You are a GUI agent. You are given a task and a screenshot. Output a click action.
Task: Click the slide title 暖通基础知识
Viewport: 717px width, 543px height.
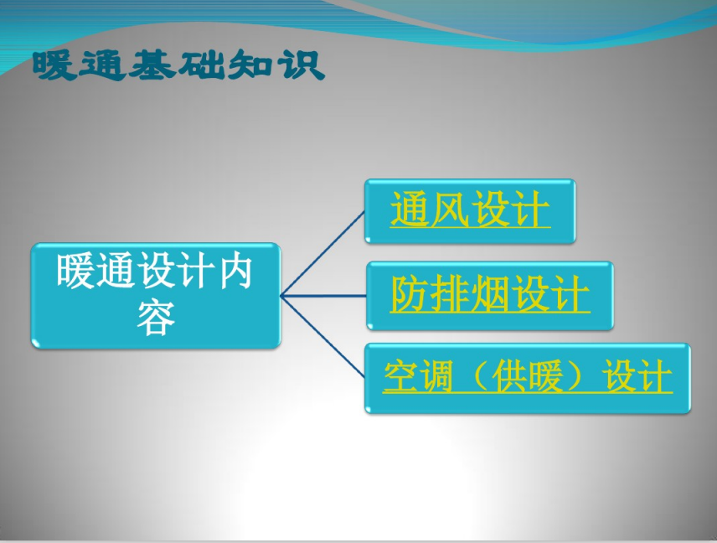178,65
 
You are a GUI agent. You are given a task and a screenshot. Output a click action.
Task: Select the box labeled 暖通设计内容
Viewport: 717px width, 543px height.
156,296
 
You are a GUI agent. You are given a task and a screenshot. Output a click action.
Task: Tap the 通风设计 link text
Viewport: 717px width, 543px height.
470,209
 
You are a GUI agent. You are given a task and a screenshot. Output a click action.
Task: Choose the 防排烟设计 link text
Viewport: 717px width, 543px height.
490,294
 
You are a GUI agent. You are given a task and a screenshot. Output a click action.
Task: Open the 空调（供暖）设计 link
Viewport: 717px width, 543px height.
528,376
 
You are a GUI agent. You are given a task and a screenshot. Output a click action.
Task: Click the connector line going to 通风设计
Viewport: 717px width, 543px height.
322,253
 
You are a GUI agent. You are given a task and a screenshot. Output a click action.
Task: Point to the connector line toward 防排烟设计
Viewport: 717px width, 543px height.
323,296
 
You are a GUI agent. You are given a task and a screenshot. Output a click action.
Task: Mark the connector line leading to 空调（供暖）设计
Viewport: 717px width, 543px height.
322,337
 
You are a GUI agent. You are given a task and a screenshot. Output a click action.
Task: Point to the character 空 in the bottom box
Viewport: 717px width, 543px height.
400,375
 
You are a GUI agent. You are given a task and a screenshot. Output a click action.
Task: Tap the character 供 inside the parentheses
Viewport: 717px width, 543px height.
508,376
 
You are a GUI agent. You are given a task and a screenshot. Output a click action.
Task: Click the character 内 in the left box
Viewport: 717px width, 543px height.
235,271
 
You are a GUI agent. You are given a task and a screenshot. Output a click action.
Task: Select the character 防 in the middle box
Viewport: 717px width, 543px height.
410,293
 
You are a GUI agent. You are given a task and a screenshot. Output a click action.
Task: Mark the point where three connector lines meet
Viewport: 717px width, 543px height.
281,296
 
